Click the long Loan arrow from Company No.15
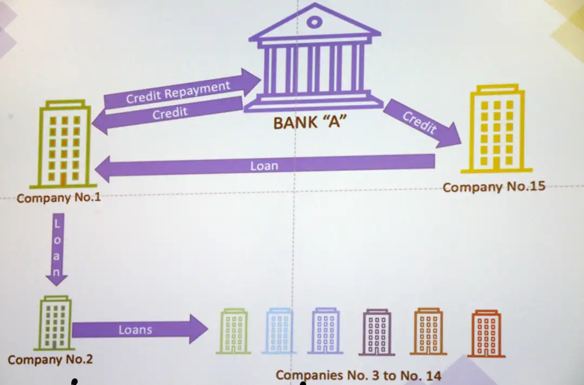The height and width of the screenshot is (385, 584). pyautogui.click(x=265, y=166)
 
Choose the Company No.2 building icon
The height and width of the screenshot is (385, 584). pyautogui.click(x=55, y=323)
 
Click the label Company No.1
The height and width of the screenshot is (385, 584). pyautogui.click(x=58, y=198)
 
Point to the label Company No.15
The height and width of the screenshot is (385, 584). pyautogui.click(x=494, y=187)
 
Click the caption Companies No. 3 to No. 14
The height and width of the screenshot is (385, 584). pyautogui.click(x=359, y=375)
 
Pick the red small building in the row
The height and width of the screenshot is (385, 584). pyautogui.click(x=486, y=334)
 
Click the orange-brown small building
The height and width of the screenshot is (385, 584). pyautogui.click(x=428, y=332)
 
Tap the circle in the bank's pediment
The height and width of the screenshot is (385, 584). pyautogui.click(x=314, y=23)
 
